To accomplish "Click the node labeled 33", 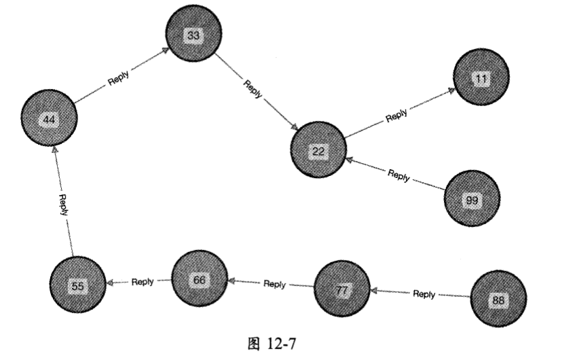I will coord(193,36).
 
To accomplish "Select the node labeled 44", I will coord(48,120).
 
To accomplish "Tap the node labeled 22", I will coord(318,150).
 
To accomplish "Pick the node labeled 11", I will coord(481,79).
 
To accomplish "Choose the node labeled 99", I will coord(472,199).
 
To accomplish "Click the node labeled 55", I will coord(78,286).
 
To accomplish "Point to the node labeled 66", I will coord(198,278).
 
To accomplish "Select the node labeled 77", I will coord(342,289).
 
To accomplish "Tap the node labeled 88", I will coord(498,299).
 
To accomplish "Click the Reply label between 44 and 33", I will coord(119,77).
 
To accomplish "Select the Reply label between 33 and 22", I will coord(252,89).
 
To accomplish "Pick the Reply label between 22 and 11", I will coord(396,115).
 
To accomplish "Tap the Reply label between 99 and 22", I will coord(399,175).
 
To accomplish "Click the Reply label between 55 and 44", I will coord(62,204).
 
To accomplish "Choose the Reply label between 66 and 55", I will coord(143,282).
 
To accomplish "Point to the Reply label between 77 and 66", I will coord(274,285).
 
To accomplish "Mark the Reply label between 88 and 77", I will coord(424,294).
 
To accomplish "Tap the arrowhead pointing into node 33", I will coord(166,50).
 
